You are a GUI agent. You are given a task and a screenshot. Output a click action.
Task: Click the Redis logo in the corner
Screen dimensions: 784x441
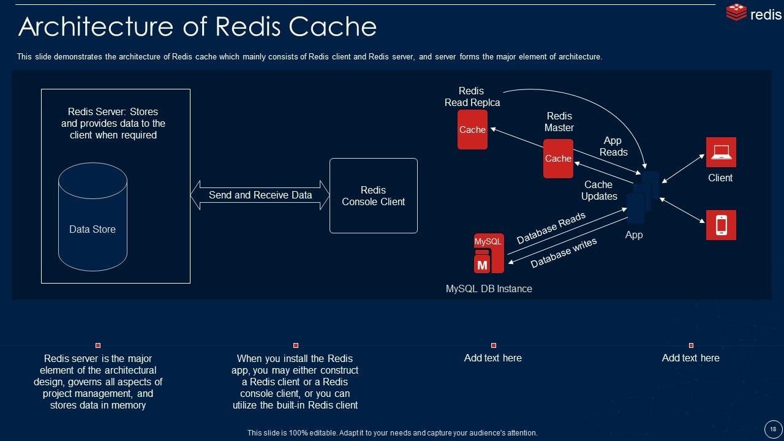(x=753, y=13)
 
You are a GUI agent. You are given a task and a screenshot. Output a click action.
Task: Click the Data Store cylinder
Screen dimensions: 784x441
(x=92, y=217)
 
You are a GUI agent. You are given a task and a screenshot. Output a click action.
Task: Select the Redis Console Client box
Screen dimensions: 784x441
(x=374, y=195)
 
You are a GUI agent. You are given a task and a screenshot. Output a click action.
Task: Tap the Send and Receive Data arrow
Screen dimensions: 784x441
(x=260, y=195)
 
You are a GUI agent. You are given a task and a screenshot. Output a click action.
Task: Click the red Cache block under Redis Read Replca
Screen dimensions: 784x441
(x=472, y=129)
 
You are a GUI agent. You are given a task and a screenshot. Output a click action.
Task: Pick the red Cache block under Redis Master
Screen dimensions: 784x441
(x=558, y=159)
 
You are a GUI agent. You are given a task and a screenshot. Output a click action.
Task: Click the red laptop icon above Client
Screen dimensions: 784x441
(x=721, y=153)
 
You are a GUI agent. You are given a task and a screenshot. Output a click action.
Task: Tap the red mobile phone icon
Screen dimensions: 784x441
(x=721, y=225)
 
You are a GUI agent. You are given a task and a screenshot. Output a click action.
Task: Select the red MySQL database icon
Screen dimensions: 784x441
(x=489, y=253)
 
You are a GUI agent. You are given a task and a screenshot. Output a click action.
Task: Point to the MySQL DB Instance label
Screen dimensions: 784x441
(x=489, y=288)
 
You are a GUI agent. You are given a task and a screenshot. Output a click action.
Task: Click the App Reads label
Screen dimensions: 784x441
(x=613, y=146)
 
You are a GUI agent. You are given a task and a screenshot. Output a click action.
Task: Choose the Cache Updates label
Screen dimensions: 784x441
(x=599, y=190)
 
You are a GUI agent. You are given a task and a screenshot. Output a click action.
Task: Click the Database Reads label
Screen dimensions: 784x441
(x=551, y=228)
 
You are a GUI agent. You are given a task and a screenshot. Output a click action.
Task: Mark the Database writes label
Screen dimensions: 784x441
(x=563, y=253)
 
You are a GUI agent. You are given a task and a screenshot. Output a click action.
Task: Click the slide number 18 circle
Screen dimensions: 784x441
(x=773, y=429)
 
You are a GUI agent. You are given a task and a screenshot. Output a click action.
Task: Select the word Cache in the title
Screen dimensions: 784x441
(x=333, y=26)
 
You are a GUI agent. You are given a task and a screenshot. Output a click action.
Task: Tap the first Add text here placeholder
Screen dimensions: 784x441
(x=493, y=358)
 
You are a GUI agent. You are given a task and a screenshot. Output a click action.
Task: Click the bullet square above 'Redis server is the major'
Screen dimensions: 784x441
(x=98, y=345)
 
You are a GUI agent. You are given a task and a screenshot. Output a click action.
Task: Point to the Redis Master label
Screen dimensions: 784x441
(x=559, y=122)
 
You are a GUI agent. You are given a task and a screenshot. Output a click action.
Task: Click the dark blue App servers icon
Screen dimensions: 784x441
(x=643, y=197)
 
